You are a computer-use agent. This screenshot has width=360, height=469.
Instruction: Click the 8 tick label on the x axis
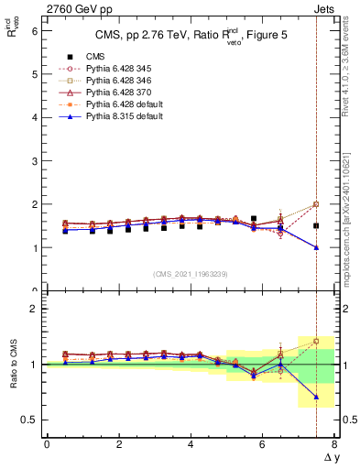tap(334, 444)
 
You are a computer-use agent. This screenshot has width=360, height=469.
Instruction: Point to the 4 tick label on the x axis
tap(191, 444)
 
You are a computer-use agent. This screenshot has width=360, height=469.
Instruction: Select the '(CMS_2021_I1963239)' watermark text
tap(191, 274)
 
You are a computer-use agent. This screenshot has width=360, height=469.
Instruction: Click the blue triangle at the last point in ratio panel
tap(316, 397)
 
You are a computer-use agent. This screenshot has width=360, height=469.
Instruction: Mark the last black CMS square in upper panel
tap(316, 225)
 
